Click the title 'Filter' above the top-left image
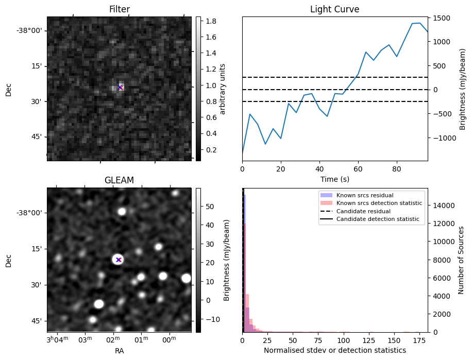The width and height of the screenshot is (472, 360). (119, 9)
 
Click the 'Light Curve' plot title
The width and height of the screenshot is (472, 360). (334, 9)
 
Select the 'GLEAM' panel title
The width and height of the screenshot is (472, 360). (119, 180)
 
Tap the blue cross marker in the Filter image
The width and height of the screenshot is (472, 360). (120, 88)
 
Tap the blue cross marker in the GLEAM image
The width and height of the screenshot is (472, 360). (119, 260)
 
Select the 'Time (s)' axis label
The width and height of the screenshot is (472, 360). (334, 178)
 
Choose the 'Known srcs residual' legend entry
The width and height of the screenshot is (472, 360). (365, 196)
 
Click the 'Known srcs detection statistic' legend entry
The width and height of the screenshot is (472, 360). (379, 203)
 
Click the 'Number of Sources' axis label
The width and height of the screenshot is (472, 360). (462, 260)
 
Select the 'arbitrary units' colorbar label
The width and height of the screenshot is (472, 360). (223, 89)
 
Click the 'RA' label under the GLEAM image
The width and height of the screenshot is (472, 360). (119, 351)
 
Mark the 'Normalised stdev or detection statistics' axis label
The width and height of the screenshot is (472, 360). (334, 350)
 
